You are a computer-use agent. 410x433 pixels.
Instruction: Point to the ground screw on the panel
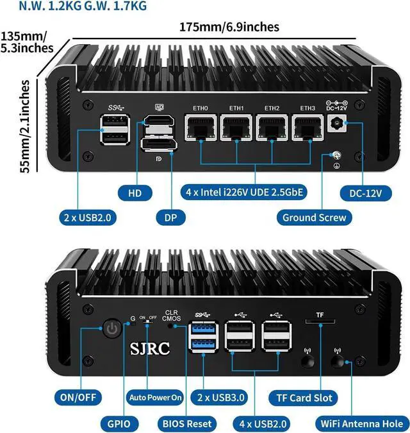[x=334, y=156]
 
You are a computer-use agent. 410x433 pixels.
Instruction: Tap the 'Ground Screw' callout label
[x=314, y=217]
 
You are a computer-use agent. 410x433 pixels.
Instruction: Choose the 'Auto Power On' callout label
[x=156, y=397]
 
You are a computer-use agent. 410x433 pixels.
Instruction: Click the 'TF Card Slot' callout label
[x=304, y=397]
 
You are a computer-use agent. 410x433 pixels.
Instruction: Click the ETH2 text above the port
[x=272, y=108]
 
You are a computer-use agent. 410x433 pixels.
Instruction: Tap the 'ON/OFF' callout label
[x=79, y=397]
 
